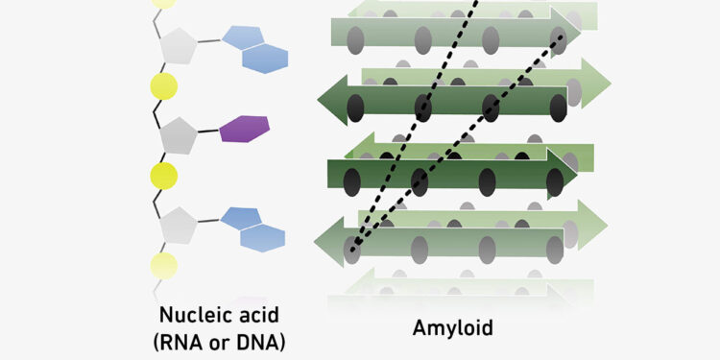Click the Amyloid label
[452, 328]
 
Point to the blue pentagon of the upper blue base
[241, 38]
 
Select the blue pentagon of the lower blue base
[240, 218]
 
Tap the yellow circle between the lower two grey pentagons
[164, 177]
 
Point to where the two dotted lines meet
[353, 251]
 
